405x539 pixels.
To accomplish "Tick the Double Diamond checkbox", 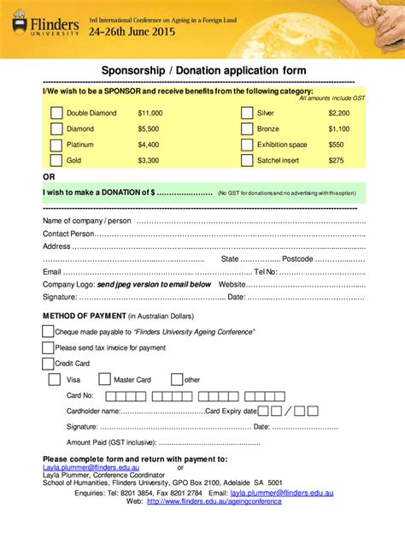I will (56, 112).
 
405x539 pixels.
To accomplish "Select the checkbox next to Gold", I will (56, 160).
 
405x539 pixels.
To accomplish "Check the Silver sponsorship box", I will (247, 112).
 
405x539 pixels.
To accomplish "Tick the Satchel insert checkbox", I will (247, 160).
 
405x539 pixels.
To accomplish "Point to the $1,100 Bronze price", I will (338, 128).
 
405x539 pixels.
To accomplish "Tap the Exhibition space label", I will (282, 145).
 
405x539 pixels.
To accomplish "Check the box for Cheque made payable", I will (49, 331).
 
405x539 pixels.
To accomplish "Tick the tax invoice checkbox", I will (49, 347).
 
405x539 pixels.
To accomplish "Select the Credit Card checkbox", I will (49, 363).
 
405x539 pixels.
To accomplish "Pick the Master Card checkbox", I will (104, 379).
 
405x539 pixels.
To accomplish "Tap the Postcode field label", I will (298, 258).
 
